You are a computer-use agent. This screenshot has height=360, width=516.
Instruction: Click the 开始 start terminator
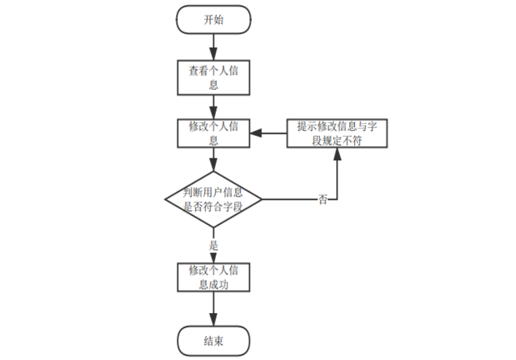point(213,20)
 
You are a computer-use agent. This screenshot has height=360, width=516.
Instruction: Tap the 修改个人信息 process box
point(213,133)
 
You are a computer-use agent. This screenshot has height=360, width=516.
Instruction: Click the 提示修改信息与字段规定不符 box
point(337,133)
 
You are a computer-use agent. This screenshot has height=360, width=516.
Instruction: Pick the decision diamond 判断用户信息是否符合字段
point(213,200)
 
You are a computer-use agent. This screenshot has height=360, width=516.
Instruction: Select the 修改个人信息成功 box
point(213,277)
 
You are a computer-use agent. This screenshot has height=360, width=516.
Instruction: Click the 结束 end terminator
point(213,340)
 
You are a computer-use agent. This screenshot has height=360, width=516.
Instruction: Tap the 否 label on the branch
point(322,200)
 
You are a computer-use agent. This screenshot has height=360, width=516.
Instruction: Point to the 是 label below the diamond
point(214,245)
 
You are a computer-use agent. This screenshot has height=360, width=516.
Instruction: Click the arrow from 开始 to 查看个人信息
point(213,46)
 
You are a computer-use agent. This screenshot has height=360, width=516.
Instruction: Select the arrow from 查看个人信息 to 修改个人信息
point(213,107)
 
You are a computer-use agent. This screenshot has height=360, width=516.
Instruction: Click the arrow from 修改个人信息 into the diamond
point(213,159)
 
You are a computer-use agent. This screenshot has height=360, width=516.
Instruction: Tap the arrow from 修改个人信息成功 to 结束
point(213,309)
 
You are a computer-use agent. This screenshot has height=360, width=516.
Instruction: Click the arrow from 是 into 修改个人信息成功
point(213,257)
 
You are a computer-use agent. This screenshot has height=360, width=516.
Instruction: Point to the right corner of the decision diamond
point(261,200)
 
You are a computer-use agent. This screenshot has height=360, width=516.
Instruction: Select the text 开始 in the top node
point(213,20)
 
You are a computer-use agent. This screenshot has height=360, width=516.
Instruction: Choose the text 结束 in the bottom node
point(213,340)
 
